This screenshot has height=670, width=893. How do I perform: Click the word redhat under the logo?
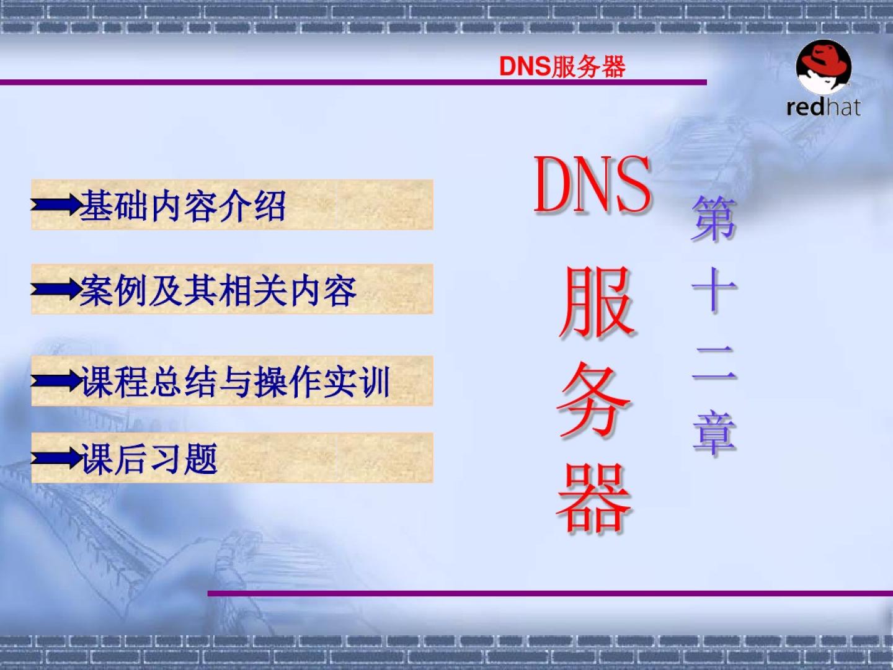824,107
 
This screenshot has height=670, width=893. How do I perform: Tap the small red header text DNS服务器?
562,66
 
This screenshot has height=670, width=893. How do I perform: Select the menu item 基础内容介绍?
183,206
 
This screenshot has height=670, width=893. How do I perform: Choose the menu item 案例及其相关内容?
218,290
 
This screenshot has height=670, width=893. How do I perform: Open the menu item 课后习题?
149,458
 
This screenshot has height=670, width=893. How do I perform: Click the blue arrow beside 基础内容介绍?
56,205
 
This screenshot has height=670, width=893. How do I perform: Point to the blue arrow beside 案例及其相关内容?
56,289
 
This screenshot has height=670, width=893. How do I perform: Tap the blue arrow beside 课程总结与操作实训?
56,381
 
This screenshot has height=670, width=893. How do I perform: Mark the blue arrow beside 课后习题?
56,458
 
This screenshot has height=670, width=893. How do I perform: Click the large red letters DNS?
592,185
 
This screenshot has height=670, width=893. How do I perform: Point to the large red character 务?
595,400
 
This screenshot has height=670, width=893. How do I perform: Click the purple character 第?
714,218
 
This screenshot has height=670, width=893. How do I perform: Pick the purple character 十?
714,290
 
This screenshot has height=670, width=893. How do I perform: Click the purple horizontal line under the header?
353,83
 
